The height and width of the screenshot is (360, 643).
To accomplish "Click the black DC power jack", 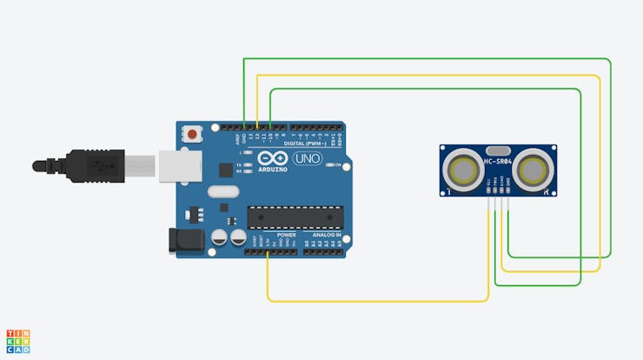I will (184, 240).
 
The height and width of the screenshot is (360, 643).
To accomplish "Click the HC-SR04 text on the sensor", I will (498, 162).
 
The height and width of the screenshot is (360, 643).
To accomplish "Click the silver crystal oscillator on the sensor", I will (497, 150).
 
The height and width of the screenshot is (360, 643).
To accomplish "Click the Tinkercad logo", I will (17, 341).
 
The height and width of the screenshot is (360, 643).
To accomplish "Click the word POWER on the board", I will (286, 235).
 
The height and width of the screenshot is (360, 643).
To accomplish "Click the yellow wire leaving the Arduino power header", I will (268, 278).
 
